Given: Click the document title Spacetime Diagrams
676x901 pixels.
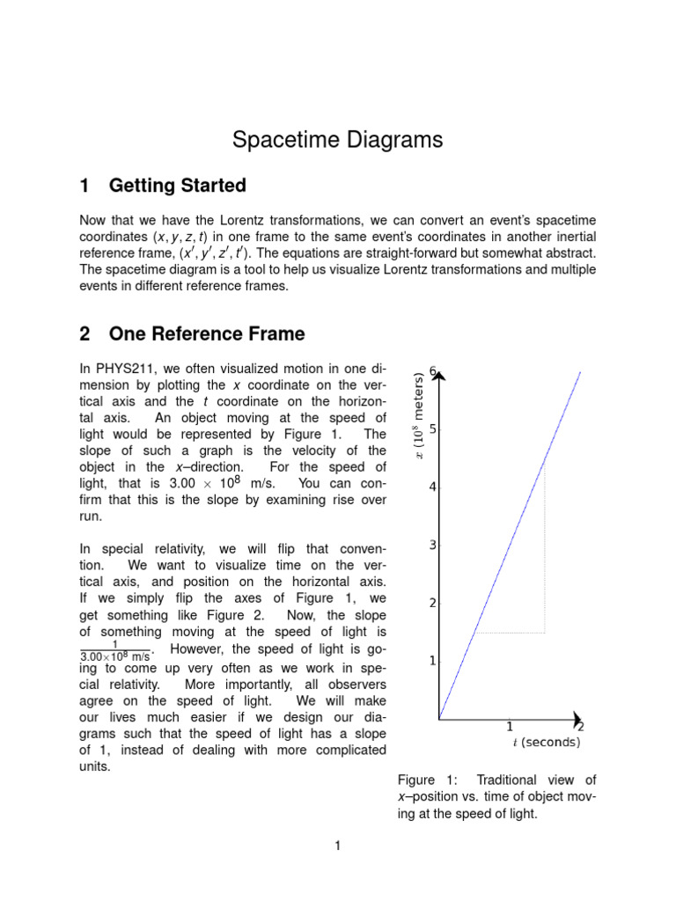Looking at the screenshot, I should [337, 140].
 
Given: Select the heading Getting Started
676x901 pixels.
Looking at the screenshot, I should [177, 186].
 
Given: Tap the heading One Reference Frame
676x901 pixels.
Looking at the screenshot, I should [206, 333].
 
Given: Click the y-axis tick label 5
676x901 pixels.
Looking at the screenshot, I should [433, 429].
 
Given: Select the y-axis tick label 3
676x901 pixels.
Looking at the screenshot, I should [433, 546].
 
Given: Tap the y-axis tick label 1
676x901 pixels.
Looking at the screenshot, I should [433, 661].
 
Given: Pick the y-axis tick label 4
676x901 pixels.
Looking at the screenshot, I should [433, 487].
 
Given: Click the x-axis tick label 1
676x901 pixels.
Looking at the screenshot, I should [510, 727].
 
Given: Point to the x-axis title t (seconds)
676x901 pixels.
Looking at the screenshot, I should [546, 743].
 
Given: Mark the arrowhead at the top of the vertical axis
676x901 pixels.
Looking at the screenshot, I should [440, 377].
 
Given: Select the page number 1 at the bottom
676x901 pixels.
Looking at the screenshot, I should [337, 846].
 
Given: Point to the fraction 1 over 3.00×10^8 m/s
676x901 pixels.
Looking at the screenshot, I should [115, 650].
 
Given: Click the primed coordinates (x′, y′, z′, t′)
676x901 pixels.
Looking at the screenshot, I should [208, 253].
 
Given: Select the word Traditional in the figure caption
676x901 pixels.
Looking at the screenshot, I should [512, 780].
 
